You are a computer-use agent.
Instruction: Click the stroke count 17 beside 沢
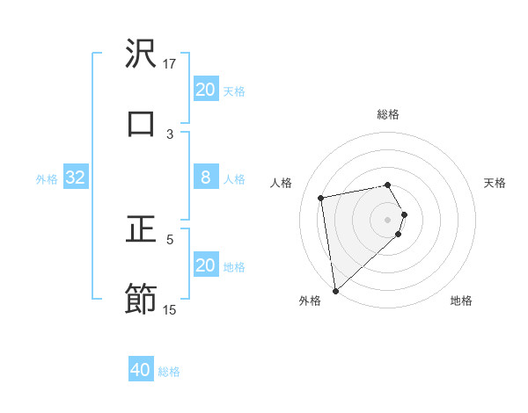(170, 63)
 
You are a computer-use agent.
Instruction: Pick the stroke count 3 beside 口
(170, 134)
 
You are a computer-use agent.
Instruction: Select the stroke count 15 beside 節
(170, 309)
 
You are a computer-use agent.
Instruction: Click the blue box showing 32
(76, 178)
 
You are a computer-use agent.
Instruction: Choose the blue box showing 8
(205, 178)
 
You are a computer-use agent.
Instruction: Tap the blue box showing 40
(141, 370)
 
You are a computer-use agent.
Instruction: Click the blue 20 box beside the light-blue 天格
(205, 90)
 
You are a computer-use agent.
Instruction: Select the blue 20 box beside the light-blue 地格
(205, 265)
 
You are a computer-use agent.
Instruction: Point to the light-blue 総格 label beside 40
(169, 372)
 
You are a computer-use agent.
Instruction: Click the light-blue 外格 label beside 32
(47, 179)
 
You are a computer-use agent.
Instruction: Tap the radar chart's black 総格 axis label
(388, 114)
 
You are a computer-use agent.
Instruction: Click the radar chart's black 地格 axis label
(461, 301)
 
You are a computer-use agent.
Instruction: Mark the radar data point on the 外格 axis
(335, 290)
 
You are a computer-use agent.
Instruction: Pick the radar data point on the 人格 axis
(321, 197)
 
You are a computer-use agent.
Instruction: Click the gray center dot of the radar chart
(388, 219)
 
